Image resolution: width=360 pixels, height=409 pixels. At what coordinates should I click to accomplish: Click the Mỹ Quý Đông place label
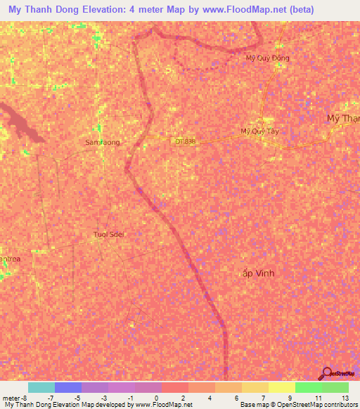(x=267, y=58)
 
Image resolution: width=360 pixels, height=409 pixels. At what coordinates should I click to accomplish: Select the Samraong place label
(x=103, y=142)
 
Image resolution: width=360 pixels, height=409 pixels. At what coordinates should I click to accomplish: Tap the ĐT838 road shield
(x=185, y=141)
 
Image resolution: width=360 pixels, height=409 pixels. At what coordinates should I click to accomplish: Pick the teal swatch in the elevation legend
(x=41, y=387)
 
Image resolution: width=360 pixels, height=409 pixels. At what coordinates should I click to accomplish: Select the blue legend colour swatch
(x=68, y=387)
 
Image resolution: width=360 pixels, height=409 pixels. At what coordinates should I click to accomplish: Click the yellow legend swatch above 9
(x=281, y=387)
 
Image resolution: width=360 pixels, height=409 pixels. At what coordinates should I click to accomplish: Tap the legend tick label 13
(x=345, y=397)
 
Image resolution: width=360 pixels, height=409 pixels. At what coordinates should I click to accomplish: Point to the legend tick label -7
(x=50, y=397)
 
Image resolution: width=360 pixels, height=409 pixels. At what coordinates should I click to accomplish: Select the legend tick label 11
(x=318, y=397)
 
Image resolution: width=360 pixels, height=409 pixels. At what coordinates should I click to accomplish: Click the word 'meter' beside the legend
(x=10, y=397)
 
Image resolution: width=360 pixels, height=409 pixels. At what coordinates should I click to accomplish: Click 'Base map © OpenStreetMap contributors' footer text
(x=297, y=405)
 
